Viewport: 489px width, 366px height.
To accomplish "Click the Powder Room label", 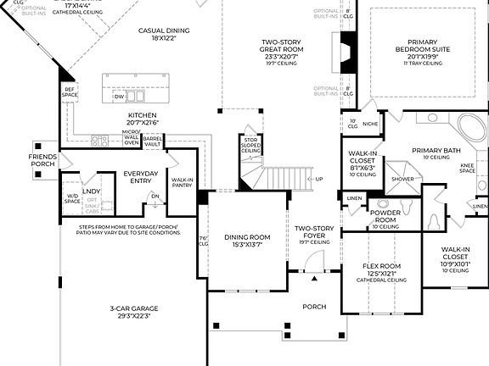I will [385, 218].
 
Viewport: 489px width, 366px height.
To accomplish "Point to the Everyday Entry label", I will [141, 177].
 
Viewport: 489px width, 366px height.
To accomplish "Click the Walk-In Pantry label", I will [183, 183].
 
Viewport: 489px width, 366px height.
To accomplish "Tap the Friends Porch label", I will [42, 161].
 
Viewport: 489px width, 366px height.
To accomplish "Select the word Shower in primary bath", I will [402, 179].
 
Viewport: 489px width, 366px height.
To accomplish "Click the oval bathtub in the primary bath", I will [474, 129].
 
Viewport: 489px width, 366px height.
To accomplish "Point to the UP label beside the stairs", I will [319, 179].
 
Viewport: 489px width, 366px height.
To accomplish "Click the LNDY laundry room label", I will [92, 179].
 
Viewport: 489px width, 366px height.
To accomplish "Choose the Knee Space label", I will [467, 169].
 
